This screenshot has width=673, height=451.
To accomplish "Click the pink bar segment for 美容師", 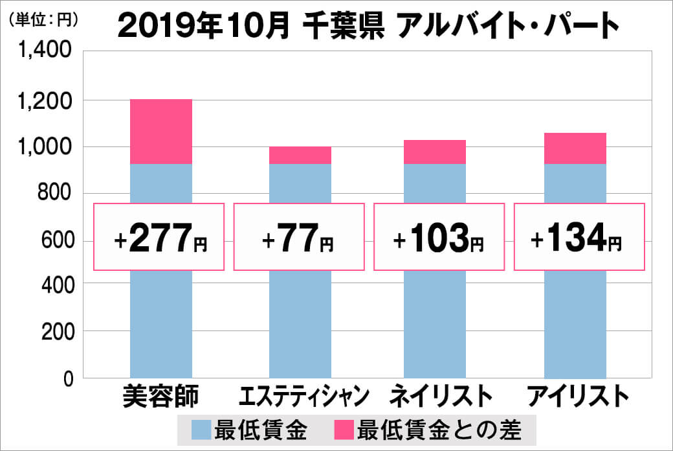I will tap(161, 132).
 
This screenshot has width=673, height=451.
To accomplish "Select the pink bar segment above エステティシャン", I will tap(300, 155).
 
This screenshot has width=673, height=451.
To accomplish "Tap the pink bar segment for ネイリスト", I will tap(434, 152).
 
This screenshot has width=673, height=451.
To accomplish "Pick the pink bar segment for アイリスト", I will tap(575, 148).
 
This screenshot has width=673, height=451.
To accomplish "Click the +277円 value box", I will tap(159, 237).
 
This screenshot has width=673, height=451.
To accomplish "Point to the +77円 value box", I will tap(298, 237).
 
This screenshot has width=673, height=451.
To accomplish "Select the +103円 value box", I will tap(438, 237).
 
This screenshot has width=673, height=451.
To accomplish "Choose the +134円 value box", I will tap(579, 237).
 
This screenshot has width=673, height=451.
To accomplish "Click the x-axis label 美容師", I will tap(161, 397).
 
